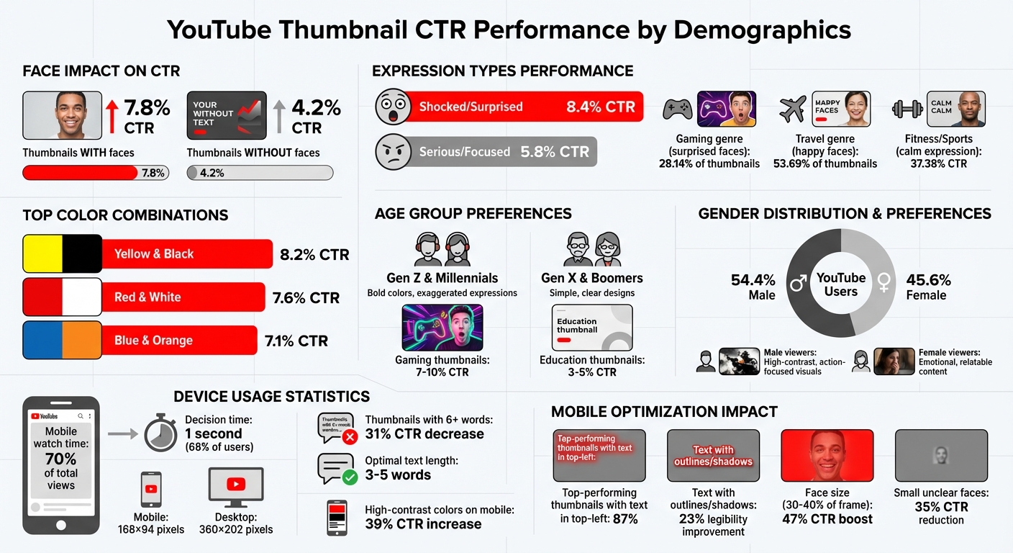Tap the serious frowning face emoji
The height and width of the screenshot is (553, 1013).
click(x=393, y=152)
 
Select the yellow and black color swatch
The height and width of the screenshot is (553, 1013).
click(x=63, y=254)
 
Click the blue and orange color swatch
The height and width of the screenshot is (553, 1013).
click(x=63, y=340)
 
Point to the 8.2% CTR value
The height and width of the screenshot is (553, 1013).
click(x=314, y=254)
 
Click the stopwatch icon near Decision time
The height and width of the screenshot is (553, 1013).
click(x=160, y=433)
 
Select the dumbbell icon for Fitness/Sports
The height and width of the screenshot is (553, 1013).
click(x=907, y=109)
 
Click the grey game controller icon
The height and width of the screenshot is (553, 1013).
click(x=678, y=109)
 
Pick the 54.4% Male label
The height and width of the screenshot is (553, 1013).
click(x=753, y=287)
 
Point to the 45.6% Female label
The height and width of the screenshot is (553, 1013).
click(x=928, y=287)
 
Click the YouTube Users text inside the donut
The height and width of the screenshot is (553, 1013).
click(x=841, y=284)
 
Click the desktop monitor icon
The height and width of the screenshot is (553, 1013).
click(x=235, y=487)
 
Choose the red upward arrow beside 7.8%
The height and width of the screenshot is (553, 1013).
click(x=112, y=115)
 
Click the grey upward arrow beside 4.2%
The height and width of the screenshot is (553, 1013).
click(x=279, y=115)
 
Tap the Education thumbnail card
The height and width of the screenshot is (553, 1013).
click(x=592, y=328)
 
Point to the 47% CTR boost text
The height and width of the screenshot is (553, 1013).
click(x=827, y=519)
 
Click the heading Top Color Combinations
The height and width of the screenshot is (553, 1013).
click(x=125, y=215)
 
